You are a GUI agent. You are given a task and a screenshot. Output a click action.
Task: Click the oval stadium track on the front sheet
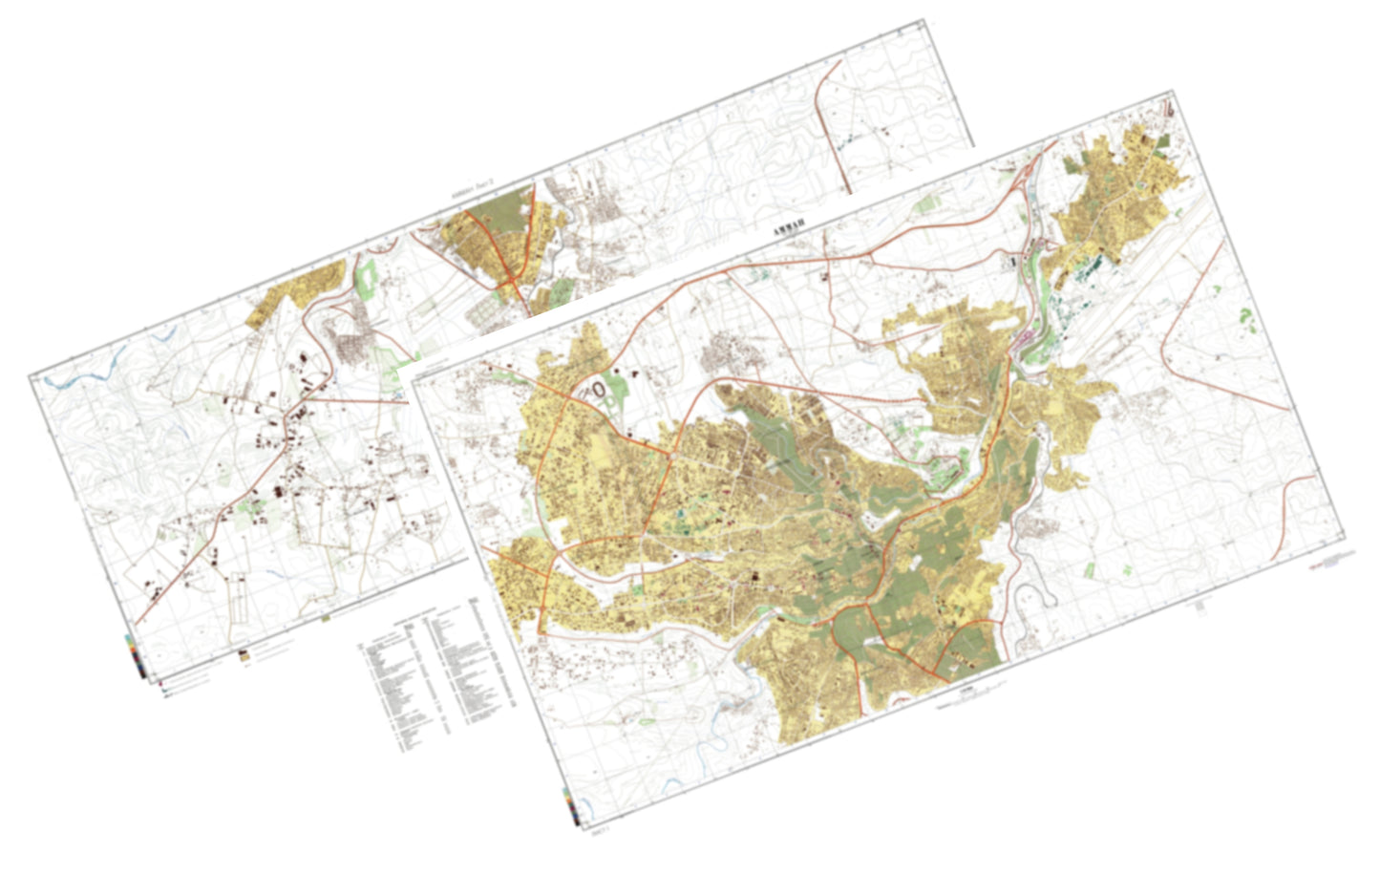pos(600,390)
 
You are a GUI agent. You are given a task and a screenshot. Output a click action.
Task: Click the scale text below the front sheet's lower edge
pos(965,697)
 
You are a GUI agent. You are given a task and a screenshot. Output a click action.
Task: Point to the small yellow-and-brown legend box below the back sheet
pos(245,656)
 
